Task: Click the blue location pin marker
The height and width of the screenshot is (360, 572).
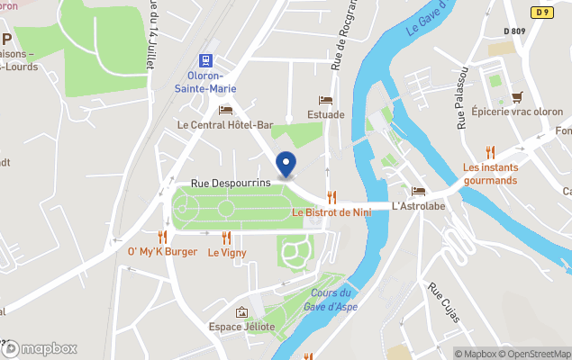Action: point(286,163)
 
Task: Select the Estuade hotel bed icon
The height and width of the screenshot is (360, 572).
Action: point(325,100)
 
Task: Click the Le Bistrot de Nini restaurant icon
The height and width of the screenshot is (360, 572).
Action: point(331,197)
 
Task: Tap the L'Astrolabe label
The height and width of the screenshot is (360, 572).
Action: point(419,206)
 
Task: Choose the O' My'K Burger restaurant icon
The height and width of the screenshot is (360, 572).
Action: point(162,237)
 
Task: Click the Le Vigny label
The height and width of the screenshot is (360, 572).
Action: point(226,253)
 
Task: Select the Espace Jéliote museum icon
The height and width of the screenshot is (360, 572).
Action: point(241,312)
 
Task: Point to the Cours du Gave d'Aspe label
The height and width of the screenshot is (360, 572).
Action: point(331,299)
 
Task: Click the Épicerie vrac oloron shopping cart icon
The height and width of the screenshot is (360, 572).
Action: point(517,96)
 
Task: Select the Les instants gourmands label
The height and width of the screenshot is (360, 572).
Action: point(490,174)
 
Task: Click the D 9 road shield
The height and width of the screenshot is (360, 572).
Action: point(541,12)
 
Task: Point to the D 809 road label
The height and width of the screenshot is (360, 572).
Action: point(515,31)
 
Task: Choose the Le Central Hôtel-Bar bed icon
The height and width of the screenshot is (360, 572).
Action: point(225,110)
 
